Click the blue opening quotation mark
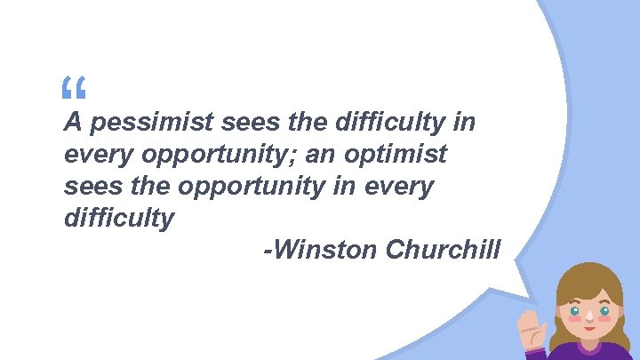click(x=74, y=88)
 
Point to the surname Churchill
click(x=444, y=251)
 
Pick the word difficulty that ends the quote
click(x=119, y=219)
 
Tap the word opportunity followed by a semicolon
click(x=217, y=155)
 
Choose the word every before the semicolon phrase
click(x=95, y=155)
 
